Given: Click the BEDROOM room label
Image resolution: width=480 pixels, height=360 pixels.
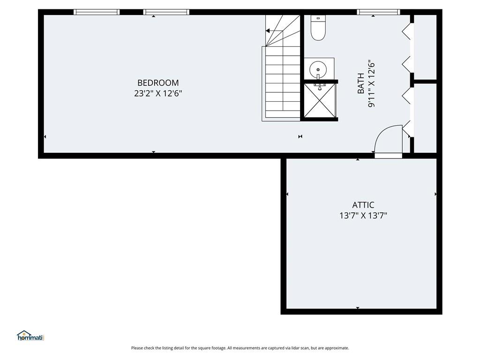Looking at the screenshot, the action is tap(158, 82).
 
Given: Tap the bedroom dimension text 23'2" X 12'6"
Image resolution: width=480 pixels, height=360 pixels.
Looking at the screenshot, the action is tap(158, 93).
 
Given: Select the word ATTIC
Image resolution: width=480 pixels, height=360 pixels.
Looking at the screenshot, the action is tap(363, 205).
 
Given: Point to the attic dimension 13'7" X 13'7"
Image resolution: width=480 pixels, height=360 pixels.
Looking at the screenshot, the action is tap(363, 216).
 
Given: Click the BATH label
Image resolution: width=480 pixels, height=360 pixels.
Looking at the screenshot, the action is tap(361, 83).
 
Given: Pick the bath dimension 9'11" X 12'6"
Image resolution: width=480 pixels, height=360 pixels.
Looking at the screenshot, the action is tap(371, 83).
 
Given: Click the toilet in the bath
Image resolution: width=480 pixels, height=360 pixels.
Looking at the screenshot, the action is tap(318, 28).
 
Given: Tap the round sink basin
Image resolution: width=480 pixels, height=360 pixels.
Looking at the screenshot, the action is tap(318, 69).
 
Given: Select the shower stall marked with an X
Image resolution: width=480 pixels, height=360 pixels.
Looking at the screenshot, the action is tap(320, 100).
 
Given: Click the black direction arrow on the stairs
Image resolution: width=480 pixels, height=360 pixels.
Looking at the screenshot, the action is tap(268, 31).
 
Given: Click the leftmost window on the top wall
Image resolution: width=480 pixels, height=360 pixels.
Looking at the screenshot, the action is tap(97, 12).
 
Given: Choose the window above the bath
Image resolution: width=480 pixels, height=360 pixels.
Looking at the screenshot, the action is tap(378, 12).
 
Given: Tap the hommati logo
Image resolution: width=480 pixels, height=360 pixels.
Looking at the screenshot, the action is tap(30, 336).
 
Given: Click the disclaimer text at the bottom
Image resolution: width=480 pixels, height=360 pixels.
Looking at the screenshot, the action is tap(240, 348).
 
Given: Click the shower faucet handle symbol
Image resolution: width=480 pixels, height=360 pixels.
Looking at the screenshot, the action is tap(320, 88).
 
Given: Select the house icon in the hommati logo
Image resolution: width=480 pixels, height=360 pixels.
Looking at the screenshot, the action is tap(24, 334).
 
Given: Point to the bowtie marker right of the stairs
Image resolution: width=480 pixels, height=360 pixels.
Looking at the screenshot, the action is tap(300, 136).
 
